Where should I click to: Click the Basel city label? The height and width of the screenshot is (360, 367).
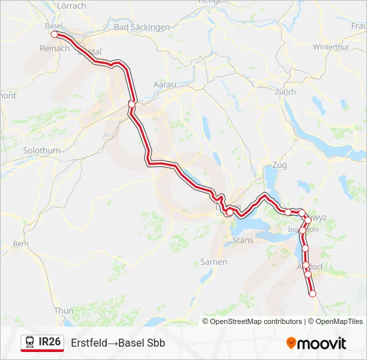coord(53,25)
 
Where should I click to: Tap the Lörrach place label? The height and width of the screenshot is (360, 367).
coord(72,5)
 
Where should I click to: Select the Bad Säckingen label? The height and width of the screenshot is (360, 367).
coord(141,27)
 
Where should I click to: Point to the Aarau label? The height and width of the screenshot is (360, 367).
coord(164,85)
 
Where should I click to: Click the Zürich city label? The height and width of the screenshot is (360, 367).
coord(285,91)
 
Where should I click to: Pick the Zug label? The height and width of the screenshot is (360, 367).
coord(279,165)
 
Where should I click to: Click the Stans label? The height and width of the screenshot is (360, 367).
coord(240,238)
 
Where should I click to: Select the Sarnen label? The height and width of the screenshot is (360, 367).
coord(214,262)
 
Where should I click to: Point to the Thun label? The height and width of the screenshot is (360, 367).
coord(63,311)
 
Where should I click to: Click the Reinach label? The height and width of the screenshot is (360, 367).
coord(55,48)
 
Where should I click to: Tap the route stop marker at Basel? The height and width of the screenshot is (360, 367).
coord(55,34)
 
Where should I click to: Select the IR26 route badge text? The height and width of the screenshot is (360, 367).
coord(50,342)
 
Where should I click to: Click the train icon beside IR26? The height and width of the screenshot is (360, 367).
coord(30,343)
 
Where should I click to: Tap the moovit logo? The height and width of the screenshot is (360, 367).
coord(316,343)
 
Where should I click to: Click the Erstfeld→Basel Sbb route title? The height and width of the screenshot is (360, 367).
coord(118,343)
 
